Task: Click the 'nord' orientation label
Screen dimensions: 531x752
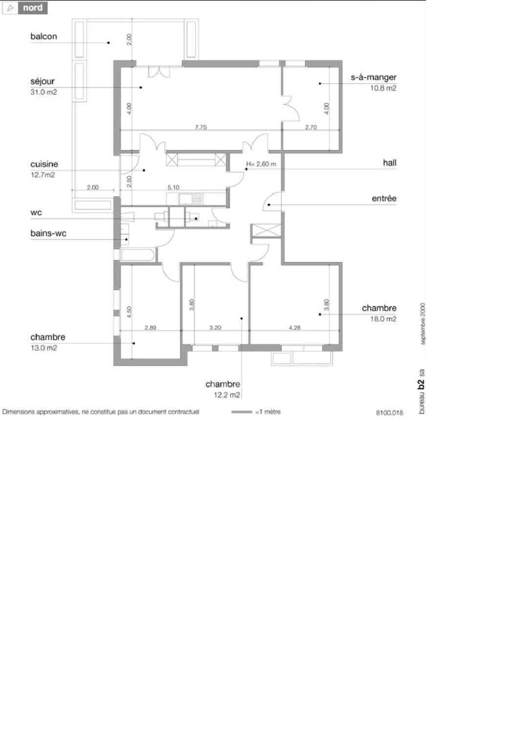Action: (33, 8)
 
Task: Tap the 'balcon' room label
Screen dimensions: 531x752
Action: (44, 36)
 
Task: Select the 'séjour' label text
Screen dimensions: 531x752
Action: (42, 82)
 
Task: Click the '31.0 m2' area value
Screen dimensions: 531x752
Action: (44, 92)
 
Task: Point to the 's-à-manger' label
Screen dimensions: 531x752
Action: (374, 77)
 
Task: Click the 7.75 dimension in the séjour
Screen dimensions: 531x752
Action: (201, 127)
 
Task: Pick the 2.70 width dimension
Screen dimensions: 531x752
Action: (311, 127)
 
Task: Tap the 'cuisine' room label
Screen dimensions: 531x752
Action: (44, 164)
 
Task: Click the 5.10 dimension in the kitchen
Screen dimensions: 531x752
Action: (173, 188)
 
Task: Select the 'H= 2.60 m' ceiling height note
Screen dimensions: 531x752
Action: (261, 164)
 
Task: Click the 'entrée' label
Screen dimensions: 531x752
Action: (384, 198)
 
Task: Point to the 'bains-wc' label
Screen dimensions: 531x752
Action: (48, 233)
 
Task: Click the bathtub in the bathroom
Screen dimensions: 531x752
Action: (137, 255)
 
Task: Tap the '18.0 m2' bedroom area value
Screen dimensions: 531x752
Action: (383, 319)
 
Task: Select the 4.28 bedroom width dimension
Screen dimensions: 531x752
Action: (294, 328)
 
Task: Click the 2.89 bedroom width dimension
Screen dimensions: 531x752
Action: (150, 328)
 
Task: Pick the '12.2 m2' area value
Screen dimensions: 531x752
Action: (227, 395)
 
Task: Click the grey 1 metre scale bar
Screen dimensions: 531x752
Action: (242, 412)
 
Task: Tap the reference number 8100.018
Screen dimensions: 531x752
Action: (390, 413)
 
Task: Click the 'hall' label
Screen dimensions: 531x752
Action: (390, 163)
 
